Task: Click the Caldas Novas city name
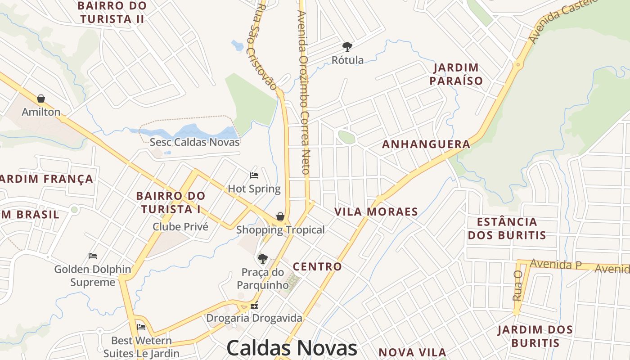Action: pyautogui.click(x=292, y=348)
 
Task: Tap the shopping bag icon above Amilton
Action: pyautogui.click(x=41, y=99)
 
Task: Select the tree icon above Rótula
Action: pyautogui.click(x=347, y=46)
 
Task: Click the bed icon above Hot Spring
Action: pyautogui.click(x=254, y=175)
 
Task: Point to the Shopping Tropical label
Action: pyautogui.click(x=280, y=230)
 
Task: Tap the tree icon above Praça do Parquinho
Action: pyautogui.click(x=262, y=259)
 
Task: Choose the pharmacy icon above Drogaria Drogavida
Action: pyautogui.click(x=254, y=305)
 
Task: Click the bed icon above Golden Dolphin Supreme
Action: pyautogui.click(x=93, y=256)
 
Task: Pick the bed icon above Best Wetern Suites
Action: pyautogui.click(x=141, y=327)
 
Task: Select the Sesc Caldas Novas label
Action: pyautogui.click(x=194, y=142)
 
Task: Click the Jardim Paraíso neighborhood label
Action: pyautogui.click(x=456, y=74)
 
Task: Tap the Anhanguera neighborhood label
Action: pyautogui.click(x=426, y=144)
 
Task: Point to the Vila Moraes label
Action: pyautogui.click(x=376, y=212)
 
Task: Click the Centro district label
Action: pyautogui.click(x=317, y=266)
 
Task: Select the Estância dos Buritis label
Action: pyautogui.click(x=507, y=228)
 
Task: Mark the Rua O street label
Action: pyautogui.click(x=517, y=285)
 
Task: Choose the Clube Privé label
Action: pyautogui.click(x=180, y=226)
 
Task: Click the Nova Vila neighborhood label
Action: pyautogui.click(x=412, y=352)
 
